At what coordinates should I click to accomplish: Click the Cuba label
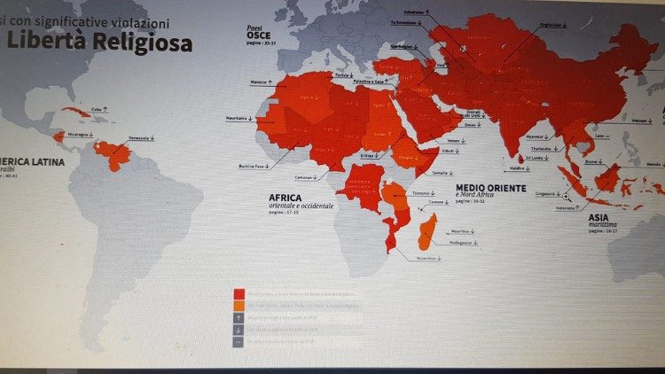(98, 109)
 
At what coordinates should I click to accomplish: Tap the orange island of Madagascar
(426, 231)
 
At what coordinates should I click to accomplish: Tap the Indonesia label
(562, 207)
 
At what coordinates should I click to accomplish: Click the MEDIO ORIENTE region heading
(490, 189)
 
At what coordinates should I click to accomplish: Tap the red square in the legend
(239, 292)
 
